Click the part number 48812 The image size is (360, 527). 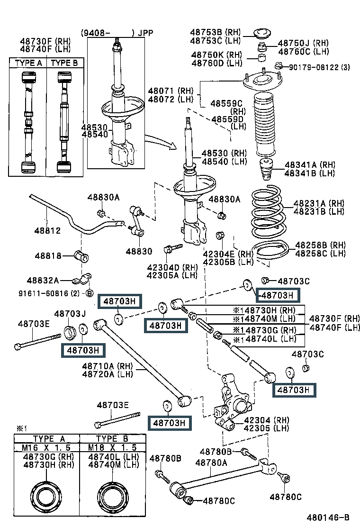pyautogui.click(x=47, y=231)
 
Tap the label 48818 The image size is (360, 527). pyautogui.click(x=48, y=256)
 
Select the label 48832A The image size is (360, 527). pyautogui.click(x=43, y=281)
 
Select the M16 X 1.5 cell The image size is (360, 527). pyautogui.click(x=46, y=447)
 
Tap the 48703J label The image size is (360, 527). pyautogui.click(x=70, y=314)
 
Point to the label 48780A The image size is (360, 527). pyautogui.click(x=211, y=463)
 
